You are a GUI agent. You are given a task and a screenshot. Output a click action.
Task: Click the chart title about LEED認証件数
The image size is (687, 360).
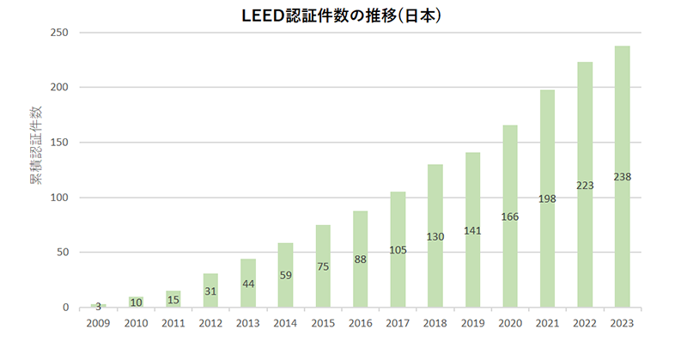pos(343,15)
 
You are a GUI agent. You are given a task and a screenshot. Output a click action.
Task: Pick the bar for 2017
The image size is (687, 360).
pos(398,249)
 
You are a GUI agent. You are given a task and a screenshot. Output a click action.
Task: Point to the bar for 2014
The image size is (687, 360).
pos(285,275)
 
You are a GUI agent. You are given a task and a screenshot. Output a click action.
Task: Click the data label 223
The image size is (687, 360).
pos(585,185)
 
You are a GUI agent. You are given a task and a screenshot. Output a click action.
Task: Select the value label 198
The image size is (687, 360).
pos(547,198)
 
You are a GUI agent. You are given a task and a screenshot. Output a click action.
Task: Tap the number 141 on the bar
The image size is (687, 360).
pos(472,230)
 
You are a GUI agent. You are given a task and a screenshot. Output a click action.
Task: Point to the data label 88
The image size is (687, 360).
pos(360,259)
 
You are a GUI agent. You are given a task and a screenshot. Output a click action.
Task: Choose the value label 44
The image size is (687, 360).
pos(247,284)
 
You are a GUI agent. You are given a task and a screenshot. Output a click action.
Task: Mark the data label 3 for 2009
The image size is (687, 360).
pos(98,306)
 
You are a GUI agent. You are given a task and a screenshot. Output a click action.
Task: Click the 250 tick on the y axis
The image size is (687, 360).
pos(60,33)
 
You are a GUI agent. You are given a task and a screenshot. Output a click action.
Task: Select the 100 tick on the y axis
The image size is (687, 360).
pos(60,198)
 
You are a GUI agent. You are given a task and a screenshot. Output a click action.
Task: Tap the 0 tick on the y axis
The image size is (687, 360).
pos(65,308)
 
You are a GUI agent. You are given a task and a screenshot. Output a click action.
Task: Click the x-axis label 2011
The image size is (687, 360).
pos(173,325)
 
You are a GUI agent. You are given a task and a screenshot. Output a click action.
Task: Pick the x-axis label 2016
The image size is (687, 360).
pos(360,325)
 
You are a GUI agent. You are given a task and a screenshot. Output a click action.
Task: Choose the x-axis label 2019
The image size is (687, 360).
pos(472,325)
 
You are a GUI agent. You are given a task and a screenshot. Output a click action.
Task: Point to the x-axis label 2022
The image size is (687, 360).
pos(585,325)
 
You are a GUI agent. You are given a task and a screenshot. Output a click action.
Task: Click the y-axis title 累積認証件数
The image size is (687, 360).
pos(36,146)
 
